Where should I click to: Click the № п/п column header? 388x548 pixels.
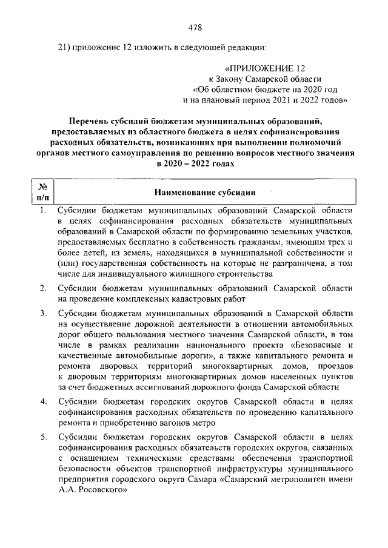(43, 192)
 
